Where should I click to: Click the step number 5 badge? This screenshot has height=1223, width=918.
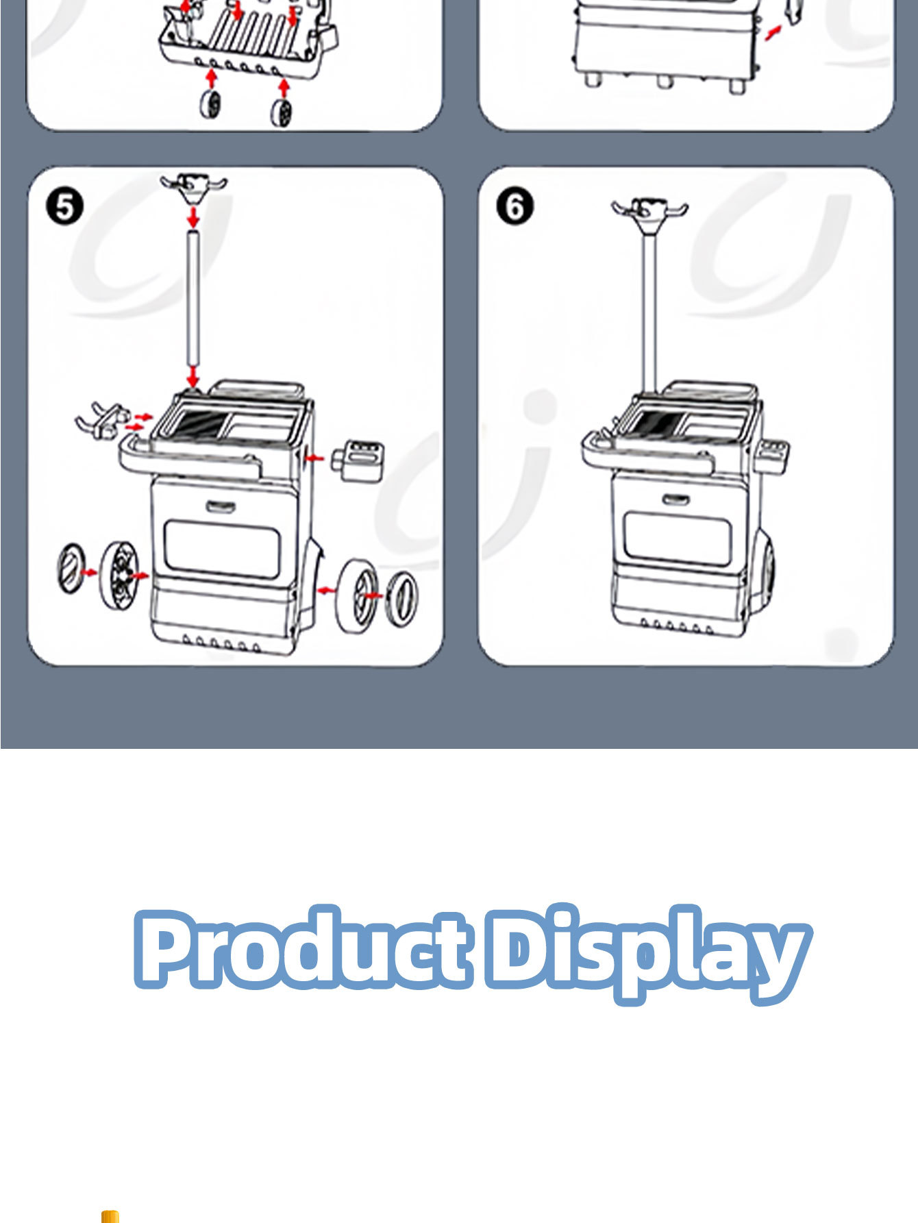64,206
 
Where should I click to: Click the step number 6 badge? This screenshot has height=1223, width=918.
514,206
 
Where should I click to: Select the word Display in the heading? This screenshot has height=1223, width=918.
649,954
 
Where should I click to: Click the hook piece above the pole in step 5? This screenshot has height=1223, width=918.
193,186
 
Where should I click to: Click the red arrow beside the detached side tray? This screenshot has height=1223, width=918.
314,457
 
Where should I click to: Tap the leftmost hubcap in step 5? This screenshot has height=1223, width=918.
71,569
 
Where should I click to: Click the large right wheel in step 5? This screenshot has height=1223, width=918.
356,596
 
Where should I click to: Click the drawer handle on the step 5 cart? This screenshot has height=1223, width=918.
221,507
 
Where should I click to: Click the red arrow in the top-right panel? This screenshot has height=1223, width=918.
773,32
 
